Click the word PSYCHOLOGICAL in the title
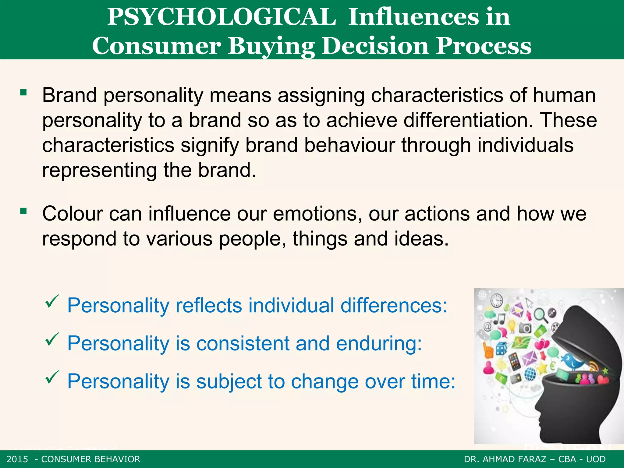click(222, 17)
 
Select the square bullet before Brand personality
click(23, 92)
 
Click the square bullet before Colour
click(23, 211)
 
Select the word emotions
click(317, 214)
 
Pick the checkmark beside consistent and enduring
click(52, 339)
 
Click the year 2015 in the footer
click(17, 459)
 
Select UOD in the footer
click(596, 459)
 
